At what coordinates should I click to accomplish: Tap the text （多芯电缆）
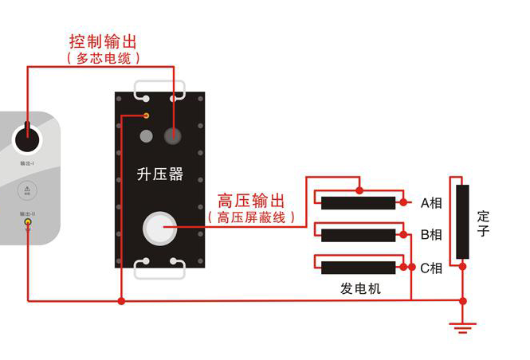point(104,58)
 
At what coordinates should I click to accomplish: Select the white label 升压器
point(160,174)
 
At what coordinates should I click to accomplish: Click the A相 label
point(431,202)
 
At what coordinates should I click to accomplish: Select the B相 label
point(431,235)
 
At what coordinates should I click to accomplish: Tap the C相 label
point(431,268)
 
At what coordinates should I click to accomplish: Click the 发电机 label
point(360,288)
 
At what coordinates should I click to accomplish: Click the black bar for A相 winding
point(358,202)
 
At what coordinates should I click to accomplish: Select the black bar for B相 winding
point(358,235)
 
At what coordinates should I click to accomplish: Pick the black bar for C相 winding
point(358,268)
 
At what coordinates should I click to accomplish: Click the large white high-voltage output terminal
point(160,229)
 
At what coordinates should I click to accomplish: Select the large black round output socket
point(28,138)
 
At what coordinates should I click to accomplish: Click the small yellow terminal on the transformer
point(146,116)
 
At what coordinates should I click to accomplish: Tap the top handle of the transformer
point(160,88)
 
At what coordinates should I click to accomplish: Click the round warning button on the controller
point(27,192)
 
